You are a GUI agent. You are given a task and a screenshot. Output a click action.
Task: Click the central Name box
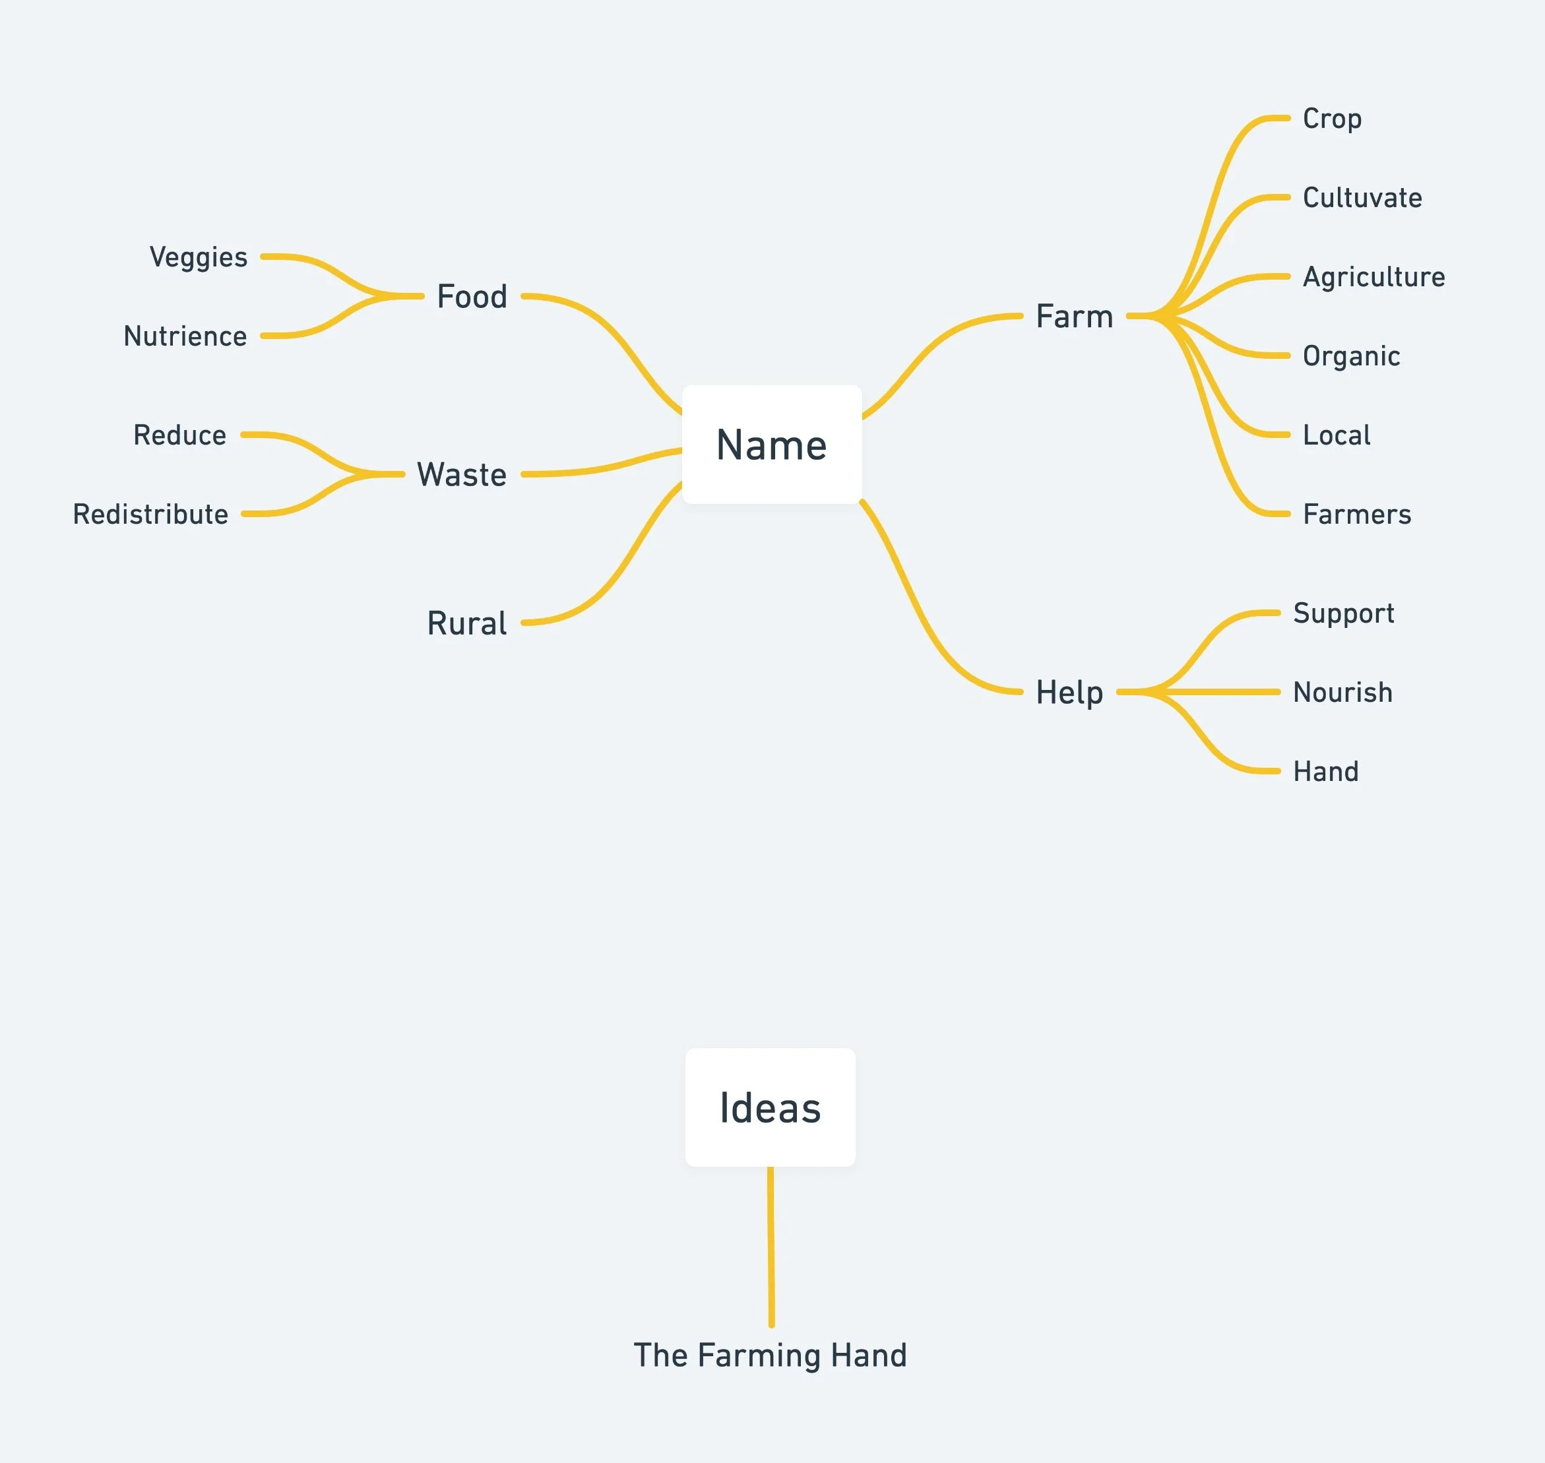coord(771,445)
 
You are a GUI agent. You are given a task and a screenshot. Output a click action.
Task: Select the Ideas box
coord(770,1107)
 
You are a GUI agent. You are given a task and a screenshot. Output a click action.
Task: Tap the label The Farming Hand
coord(770,1355)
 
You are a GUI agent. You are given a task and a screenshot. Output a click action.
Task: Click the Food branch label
coord(472,296)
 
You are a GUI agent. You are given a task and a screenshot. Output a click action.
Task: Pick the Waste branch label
coord(462,474)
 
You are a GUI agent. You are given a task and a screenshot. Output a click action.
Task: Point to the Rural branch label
coord(466,623)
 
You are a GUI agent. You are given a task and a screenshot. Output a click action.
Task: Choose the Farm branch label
coord(1074,316)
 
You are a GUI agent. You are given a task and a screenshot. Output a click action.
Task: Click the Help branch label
coord(1069,692)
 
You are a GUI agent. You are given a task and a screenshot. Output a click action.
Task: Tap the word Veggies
coord(198,257)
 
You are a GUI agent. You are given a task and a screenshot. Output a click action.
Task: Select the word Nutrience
coord(185,336)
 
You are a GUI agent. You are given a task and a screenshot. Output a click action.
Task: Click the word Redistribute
coord(150,514)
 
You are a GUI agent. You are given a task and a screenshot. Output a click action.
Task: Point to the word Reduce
coord(179,435)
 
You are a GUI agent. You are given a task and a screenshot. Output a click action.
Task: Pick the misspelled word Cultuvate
coord(1362,197)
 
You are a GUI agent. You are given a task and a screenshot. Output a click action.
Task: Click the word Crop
coord(1332,119)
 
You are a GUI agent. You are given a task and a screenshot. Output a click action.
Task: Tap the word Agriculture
coord(1373,277)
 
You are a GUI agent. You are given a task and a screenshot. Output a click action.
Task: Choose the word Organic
coord(1351,356)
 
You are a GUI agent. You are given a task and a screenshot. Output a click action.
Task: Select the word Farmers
coord(1357,514)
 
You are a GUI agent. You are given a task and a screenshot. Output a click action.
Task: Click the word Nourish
coord(1342,692)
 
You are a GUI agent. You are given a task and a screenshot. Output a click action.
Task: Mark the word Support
coord(1343,613)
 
